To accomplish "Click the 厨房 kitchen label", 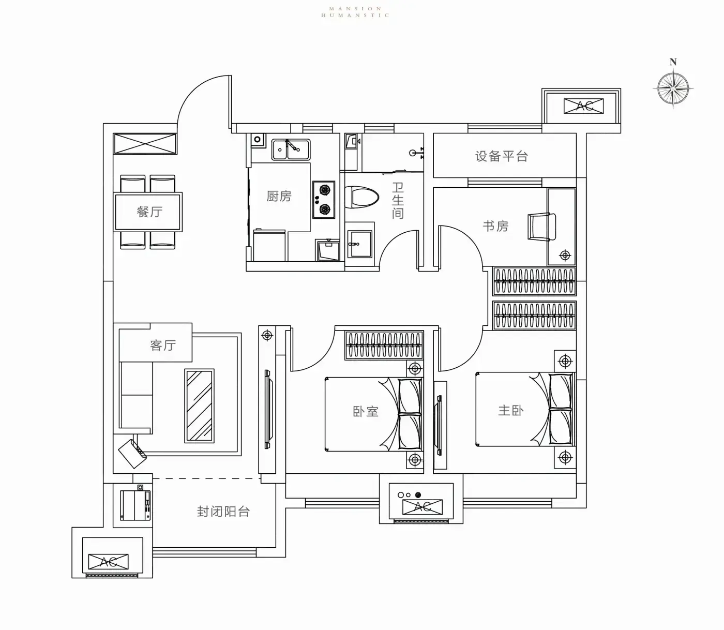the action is [279, 196].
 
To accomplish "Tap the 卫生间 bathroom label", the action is [398, 200].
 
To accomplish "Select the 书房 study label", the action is [495, 226].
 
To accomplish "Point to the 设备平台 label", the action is [502, 156].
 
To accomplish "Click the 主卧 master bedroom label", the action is [510, 411].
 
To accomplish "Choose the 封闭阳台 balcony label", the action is [223, 512].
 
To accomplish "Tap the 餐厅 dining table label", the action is [149, 212].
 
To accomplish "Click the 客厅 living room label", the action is [163, 345].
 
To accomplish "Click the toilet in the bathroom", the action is [361, 197].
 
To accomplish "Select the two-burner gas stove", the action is [324, 200].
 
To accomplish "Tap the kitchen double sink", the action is [291, 149].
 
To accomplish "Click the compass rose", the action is [673, 88].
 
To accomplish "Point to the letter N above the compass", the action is [673, 62].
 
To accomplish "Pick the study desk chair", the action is [541, 227].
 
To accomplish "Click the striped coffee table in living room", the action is [199, 406].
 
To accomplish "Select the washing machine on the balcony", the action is [135, 505].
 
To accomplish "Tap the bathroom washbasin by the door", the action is [359, 244].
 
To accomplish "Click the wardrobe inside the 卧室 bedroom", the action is [384, 345].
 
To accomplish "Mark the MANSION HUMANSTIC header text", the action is [355, 12].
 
